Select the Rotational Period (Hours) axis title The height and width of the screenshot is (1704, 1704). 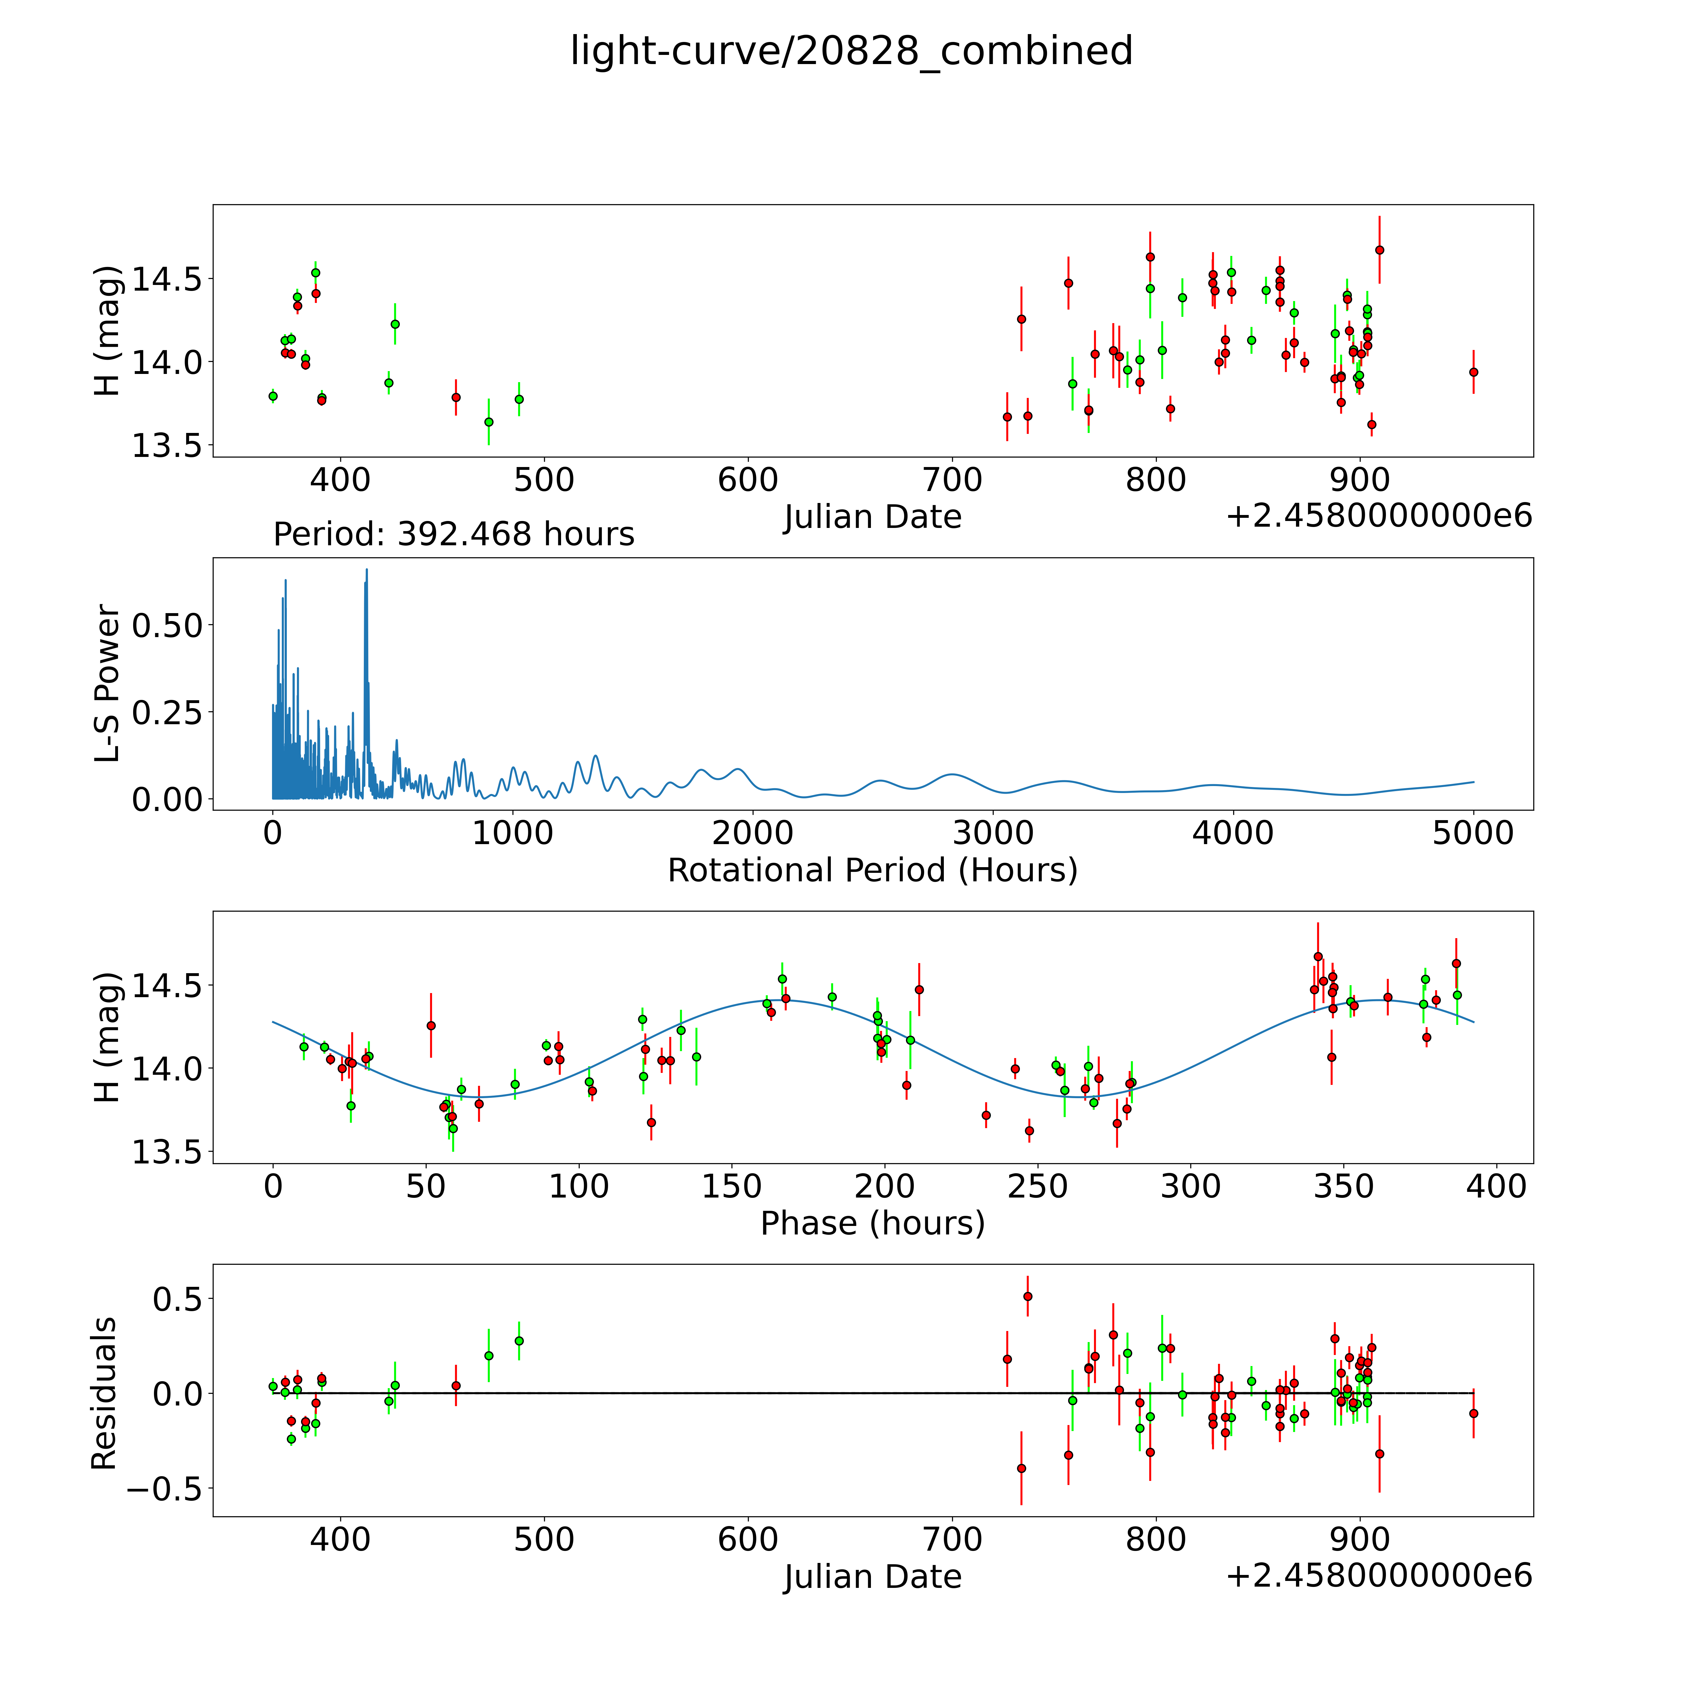pos(872,871)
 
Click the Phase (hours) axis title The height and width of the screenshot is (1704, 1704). pos(872,1223)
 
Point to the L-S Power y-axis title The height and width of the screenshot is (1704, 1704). pos(107,683)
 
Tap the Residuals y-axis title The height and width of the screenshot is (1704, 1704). pos(104,1393)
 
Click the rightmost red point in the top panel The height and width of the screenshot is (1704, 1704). pos(1473,372)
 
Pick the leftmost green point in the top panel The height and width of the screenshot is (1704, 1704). pos(273,396)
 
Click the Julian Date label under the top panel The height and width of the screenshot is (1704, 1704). pos(872,517)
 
